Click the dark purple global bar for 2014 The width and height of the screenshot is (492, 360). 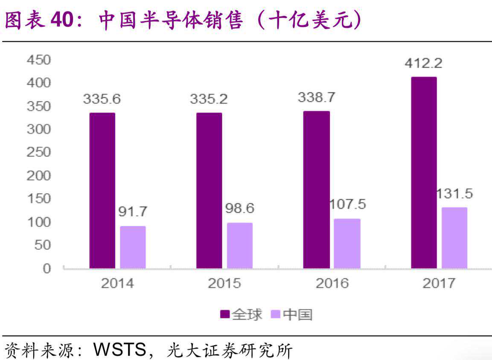[102, 190]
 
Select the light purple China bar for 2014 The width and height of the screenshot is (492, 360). [133, 247]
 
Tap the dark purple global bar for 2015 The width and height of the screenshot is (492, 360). [209, 190]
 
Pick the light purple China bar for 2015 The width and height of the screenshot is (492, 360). [240, 245]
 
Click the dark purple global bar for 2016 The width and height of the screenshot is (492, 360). [316, 189]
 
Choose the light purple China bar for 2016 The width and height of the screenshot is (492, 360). [347, 244]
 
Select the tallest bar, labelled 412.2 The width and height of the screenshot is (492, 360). [424, 172]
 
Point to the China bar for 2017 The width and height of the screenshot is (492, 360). [454, 238]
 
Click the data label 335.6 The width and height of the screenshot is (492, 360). [102, 99]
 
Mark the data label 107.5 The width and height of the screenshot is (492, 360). [348, 204]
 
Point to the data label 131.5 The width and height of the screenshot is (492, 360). [455, 194]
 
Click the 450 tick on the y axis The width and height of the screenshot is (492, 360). [39, 60]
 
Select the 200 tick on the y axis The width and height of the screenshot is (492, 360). [39, 176]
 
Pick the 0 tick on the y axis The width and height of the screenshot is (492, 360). [46, 268]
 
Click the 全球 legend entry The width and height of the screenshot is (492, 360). [241, 315]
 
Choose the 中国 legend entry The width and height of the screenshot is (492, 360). [292, 315]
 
